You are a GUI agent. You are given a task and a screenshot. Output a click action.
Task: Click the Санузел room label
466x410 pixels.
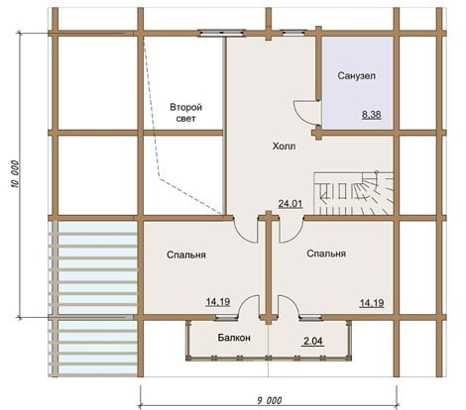tap(356, 76)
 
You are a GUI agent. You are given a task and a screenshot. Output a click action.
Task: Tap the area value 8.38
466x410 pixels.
tap(372, 115)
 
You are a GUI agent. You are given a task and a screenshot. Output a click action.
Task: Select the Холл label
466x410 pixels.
tap(284, 146)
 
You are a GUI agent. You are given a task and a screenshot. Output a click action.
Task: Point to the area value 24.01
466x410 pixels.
tap(291, 204)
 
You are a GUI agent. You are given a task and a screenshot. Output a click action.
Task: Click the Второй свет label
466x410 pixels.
tap(185, 113)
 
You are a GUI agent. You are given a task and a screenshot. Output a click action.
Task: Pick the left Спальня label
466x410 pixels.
tap(186, 255)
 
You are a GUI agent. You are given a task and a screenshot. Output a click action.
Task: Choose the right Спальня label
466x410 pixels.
tap(326, 254)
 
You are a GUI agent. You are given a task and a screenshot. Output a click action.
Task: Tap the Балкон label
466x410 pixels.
tap(234, 338)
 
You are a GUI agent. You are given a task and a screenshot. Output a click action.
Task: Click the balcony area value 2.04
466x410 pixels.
tap(313, 341)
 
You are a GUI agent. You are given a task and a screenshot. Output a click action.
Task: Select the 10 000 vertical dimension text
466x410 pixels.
tap(16, 174)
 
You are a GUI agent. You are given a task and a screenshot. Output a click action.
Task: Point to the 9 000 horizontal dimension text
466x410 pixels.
tap(270, 401)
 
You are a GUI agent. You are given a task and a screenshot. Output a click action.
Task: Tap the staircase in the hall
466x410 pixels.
tap(354, 193)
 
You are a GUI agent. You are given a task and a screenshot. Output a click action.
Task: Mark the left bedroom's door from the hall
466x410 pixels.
tap(245, 231)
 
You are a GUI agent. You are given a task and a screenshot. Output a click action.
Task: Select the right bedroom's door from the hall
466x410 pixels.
tap(291, 231)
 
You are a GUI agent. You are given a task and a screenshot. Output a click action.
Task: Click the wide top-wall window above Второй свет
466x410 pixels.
tap(221, 33)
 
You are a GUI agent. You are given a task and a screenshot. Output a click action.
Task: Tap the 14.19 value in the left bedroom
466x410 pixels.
tap(218, 302)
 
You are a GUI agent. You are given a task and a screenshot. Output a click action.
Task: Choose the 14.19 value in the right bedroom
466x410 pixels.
tap(372, 303)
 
